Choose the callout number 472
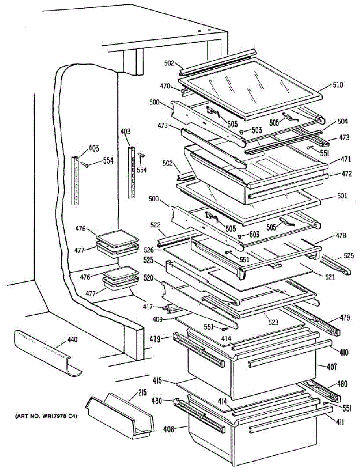[x=336, y=174]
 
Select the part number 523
[x=273, y=322]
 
